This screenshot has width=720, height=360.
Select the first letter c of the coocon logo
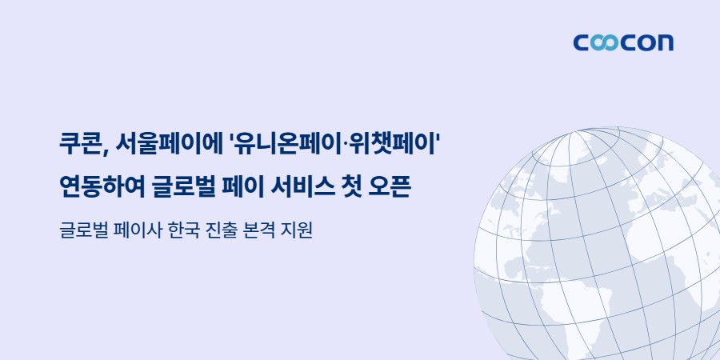pyautogui.click(x=582, y=42)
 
